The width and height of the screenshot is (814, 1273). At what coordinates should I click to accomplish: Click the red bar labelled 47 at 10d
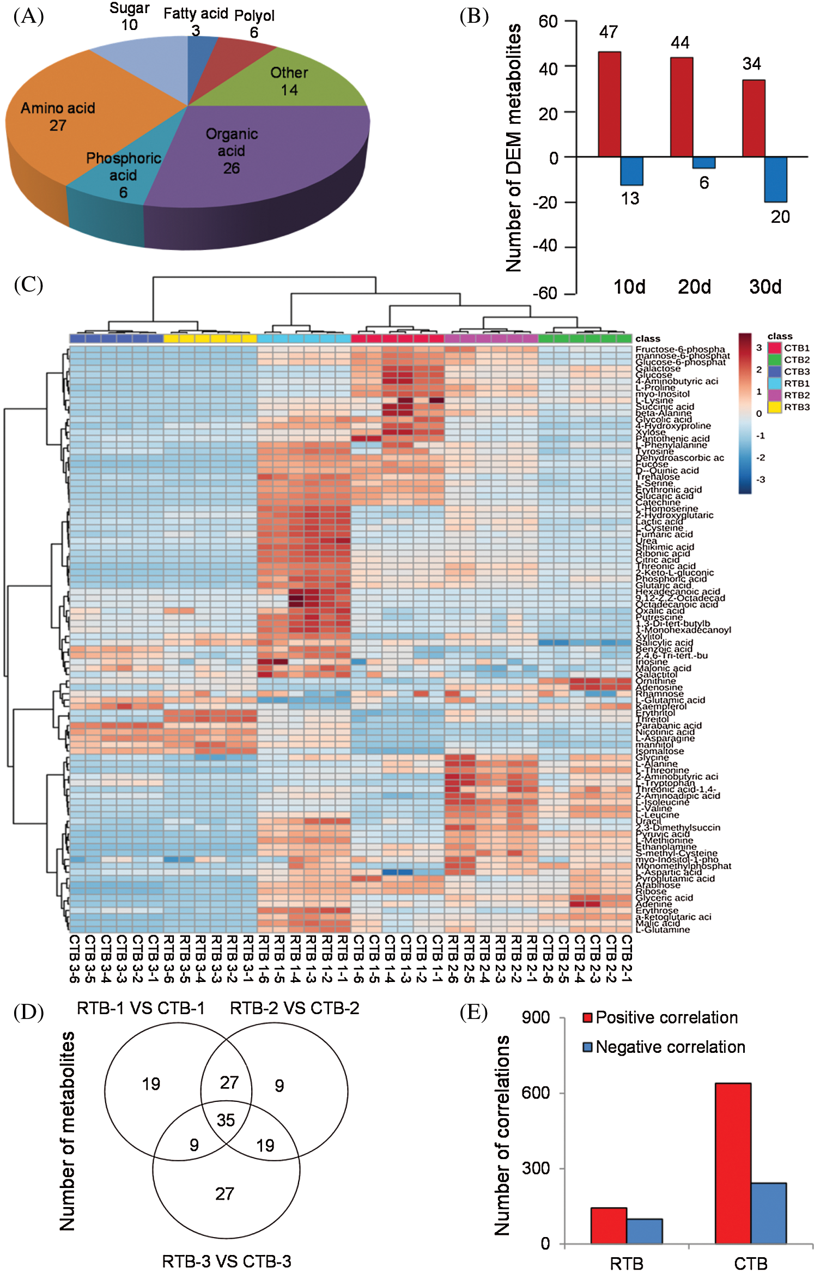coord(609,104)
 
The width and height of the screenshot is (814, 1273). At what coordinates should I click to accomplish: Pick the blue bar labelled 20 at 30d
coord(775,179)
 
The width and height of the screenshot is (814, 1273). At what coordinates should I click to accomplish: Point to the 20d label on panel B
coord(694,287)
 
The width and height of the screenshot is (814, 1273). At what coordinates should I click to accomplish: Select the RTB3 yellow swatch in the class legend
coord(774,407)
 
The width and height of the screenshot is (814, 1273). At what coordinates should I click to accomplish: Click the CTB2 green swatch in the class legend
coord(774,360)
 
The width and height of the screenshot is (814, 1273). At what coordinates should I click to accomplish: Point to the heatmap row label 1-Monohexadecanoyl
coord(683,630)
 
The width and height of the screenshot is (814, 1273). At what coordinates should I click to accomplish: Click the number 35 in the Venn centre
coord(226,1120)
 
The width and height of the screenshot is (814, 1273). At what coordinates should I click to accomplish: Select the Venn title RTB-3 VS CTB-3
coord(226,1261)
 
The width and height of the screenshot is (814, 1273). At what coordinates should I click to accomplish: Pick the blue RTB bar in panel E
coord(644,1231)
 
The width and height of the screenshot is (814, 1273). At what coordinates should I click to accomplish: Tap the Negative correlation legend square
coord(587,1047)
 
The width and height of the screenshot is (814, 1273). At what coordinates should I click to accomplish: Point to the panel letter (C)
coord(28,284)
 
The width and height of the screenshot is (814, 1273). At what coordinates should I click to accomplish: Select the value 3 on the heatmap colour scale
coord(758,348)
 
